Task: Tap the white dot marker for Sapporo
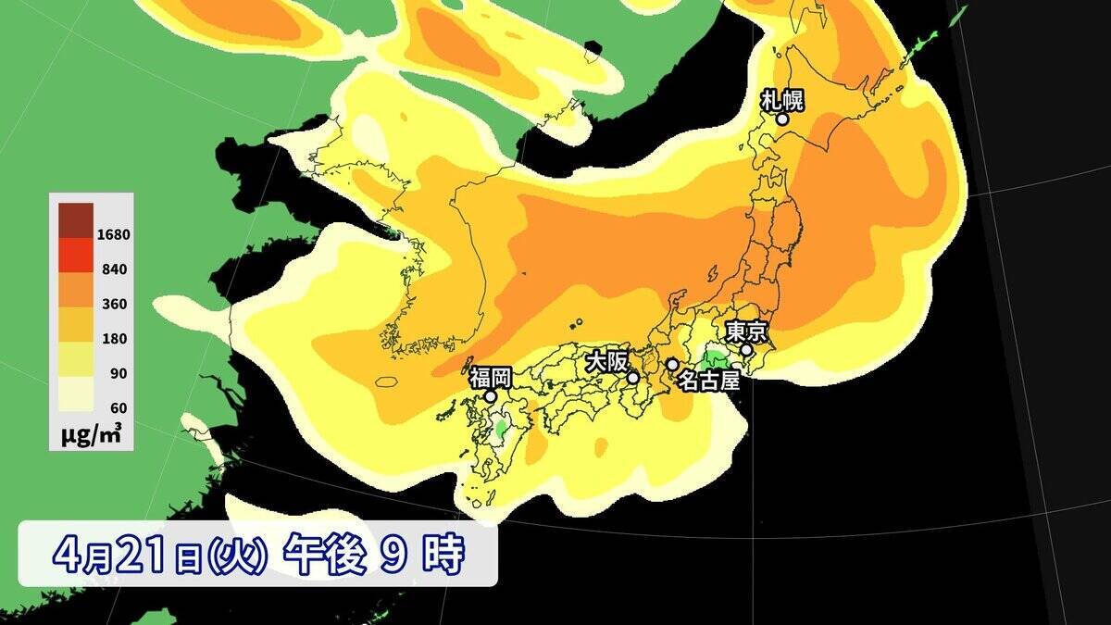782,119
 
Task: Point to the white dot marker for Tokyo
746,350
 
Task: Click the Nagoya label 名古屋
709,380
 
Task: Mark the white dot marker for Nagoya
672,364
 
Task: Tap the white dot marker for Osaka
633,378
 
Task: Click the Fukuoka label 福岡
490,377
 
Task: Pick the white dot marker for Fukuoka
491,396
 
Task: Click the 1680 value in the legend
116,234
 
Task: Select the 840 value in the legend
116,269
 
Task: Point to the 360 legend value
116,304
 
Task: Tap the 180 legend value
116,339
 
